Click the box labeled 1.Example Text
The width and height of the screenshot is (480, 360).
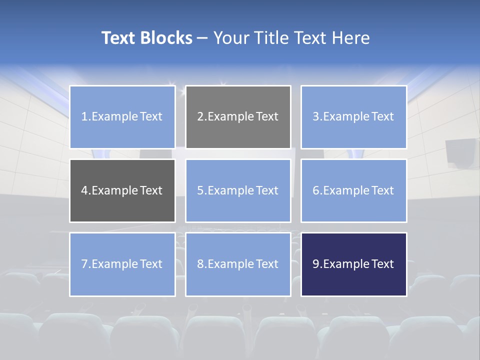click(122, 117)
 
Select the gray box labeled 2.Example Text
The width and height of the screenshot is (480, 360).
click(238, 117)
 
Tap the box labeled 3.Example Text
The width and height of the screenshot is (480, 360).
click(353, 117)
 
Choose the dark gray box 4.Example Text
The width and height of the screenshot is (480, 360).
click(122, 190)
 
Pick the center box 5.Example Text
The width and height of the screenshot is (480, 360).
click(238, 190)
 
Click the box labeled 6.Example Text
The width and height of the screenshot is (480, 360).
click(353, 190)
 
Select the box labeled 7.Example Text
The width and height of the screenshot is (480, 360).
click(122, 264)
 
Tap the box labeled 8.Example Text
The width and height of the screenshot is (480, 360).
click(238, 264)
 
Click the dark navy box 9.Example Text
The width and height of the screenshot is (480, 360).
click(353, 264)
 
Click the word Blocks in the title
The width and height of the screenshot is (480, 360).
click(167, 38)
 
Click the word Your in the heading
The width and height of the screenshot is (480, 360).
click(231, 38)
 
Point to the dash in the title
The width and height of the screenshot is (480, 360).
click(202, 38)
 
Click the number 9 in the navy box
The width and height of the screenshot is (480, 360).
click(316, 264)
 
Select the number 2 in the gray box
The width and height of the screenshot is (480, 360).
click(200, 117)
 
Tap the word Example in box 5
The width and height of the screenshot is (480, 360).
click(228, 190)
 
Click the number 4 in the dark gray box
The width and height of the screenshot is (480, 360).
click(84, 190)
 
